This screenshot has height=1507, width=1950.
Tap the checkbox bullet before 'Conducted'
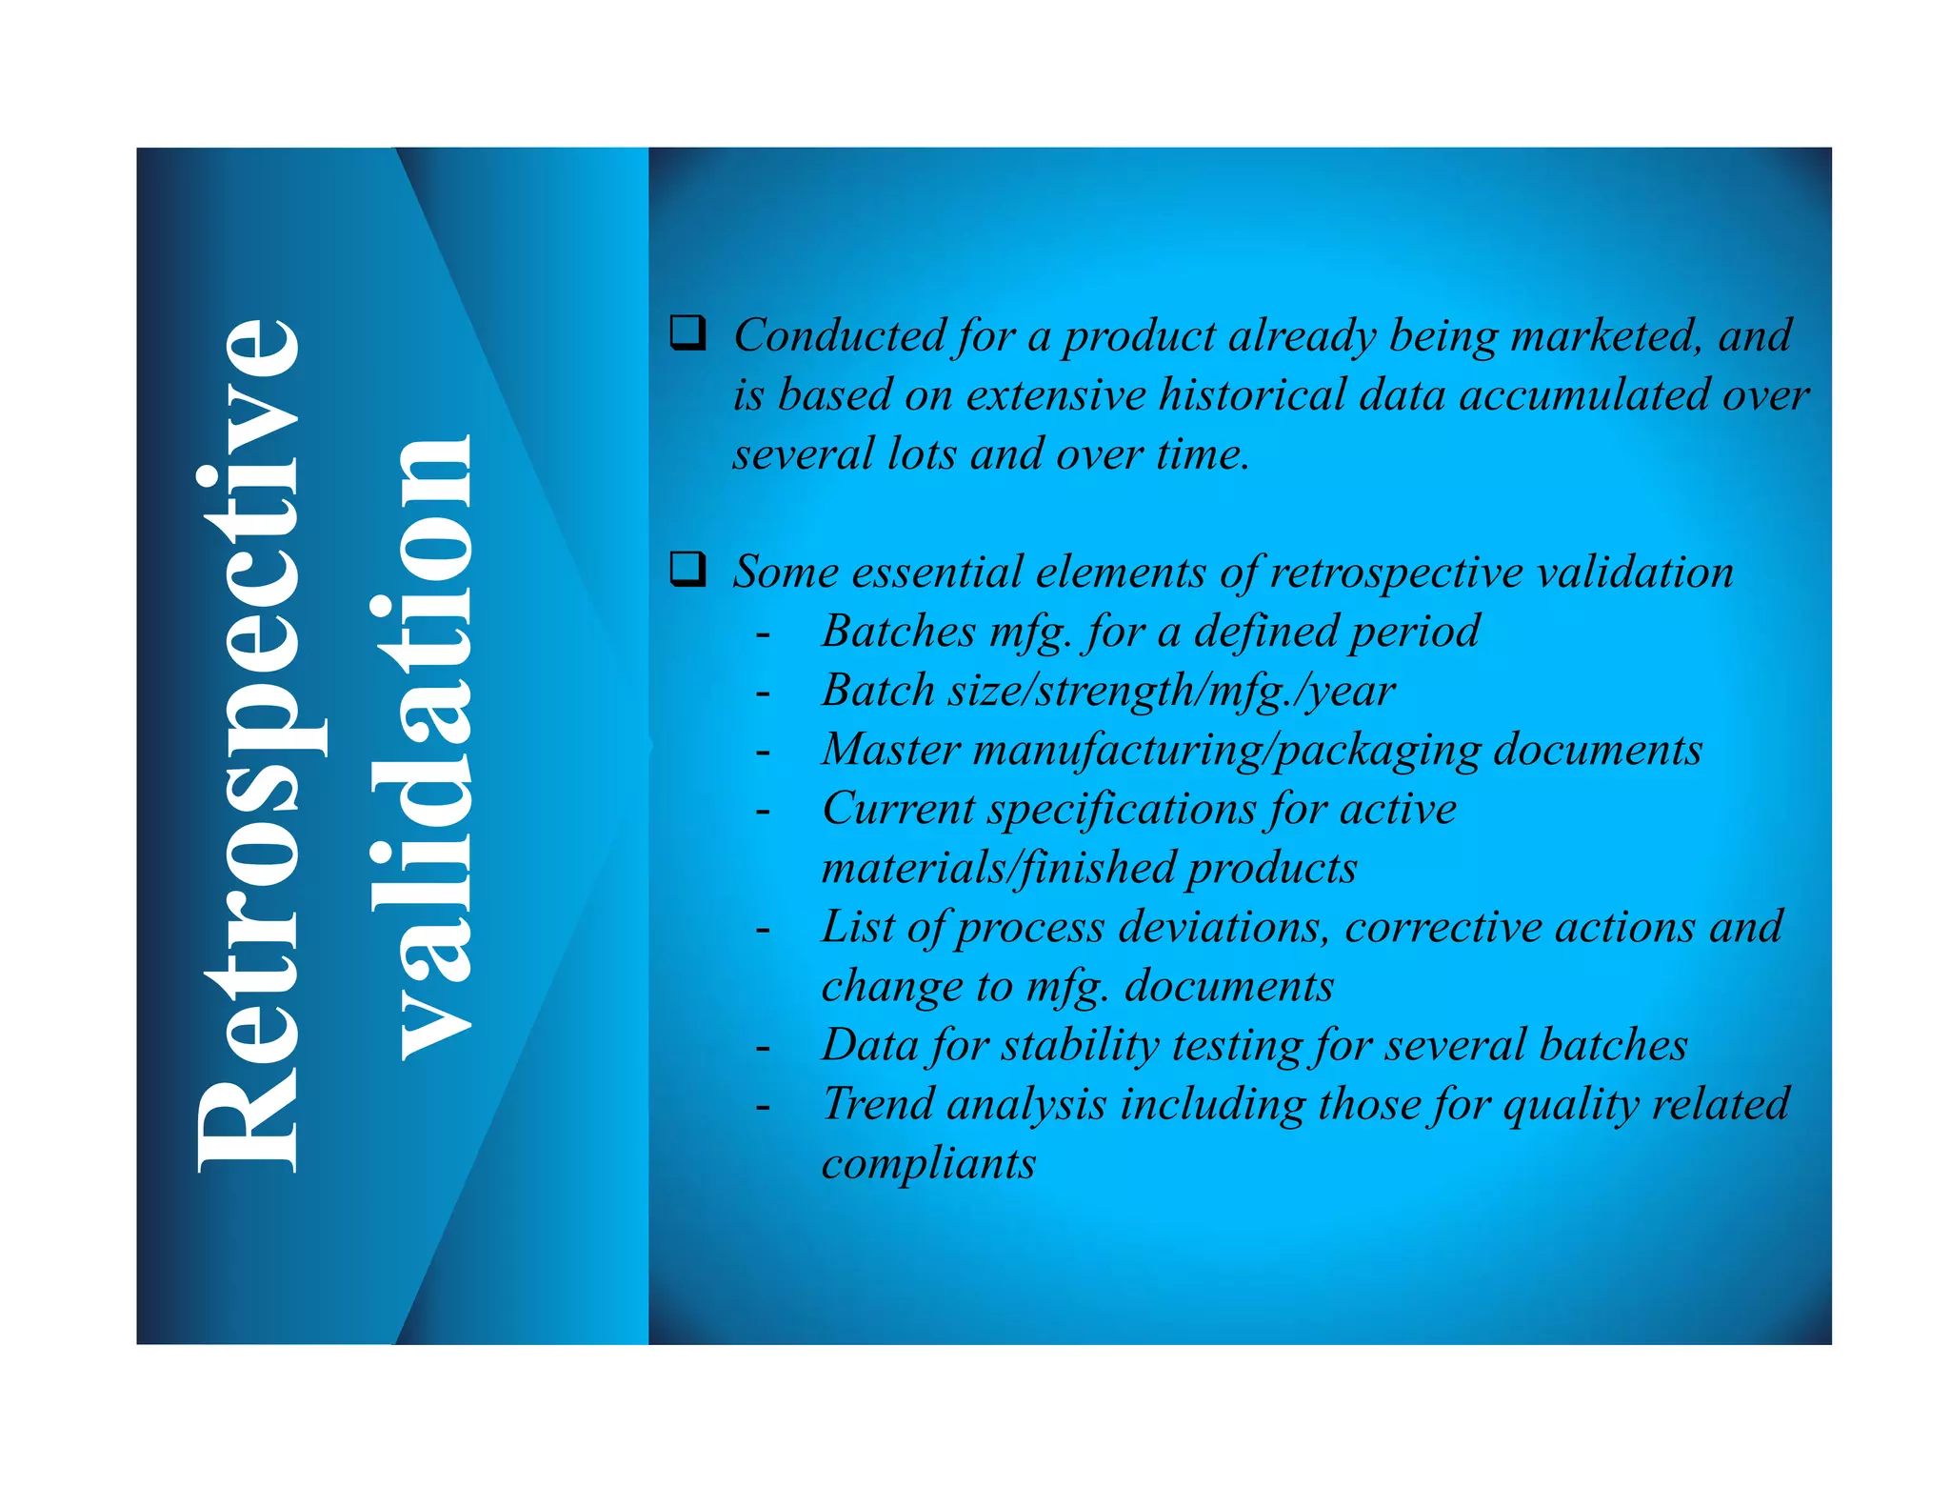pos(687,332)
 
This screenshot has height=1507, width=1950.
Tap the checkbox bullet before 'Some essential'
pos(687,569)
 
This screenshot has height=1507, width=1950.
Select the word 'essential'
pos(937,573)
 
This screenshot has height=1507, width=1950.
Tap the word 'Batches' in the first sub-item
pos(899,632)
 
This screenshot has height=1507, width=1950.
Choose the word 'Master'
pos(891,750)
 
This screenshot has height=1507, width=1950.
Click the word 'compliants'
pos(928,1164)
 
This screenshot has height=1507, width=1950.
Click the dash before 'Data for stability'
pos(763,1048)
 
